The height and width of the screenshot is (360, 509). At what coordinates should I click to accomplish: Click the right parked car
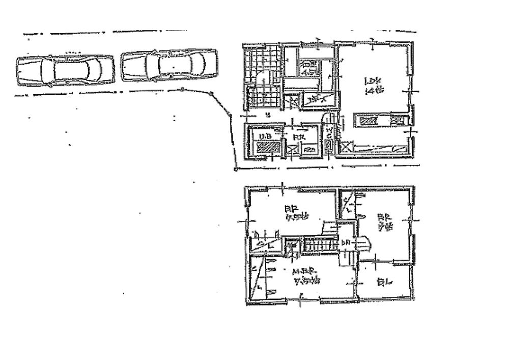[x=169, y=64]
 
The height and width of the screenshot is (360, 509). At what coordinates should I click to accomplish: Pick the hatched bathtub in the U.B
[x=268, y=148]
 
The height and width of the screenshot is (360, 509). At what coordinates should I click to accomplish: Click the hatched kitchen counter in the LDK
[x=369, y=120]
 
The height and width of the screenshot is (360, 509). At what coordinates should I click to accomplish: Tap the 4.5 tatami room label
[x=308, y=68]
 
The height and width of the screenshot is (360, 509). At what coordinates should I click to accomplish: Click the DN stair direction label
[x=345, y=242]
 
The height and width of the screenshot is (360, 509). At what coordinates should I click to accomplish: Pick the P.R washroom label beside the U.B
[x=299, y=136]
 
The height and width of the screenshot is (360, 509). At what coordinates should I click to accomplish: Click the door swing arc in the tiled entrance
[x=264, y=79]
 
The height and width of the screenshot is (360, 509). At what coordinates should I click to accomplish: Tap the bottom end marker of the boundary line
[x=236, y=170]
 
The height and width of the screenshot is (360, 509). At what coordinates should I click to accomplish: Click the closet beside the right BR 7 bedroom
[x=347, y=205]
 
